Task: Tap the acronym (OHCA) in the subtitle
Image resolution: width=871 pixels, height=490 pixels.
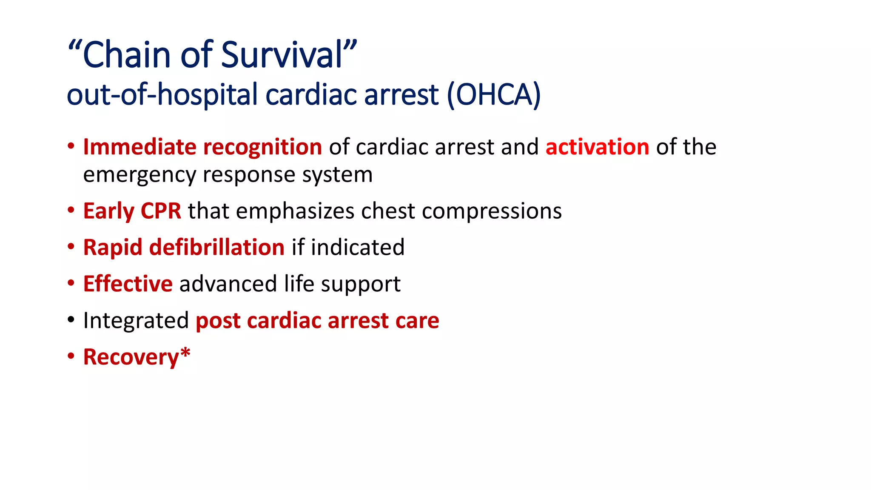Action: pyautogui.click(x=494, y=94)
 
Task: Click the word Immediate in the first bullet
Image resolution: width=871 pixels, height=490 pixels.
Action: pyautogui.click(x=139, y=147)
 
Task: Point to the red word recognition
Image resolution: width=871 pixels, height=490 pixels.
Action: pyautogui.click(x=262, y=147)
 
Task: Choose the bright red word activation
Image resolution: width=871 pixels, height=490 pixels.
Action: pyautogui.click(x=597, y=147)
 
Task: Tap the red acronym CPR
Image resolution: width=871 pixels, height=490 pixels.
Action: pyautogui.click(x=161, y=211)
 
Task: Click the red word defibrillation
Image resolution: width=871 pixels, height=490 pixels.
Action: pyautogui.click(x=217, y=248)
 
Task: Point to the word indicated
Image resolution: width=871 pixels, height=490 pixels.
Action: pyautogui.click(x=358, y=248)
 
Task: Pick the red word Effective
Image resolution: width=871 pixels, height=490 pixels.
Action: pyautogui.click(x=128, y=284)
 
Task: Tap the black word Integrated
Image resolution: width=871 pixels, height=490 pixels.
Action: pyautogui.click(x=136, y=321)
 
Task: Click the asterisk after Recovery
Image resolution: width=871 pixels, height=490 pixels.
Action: pyautogui.click(x=185, y=353)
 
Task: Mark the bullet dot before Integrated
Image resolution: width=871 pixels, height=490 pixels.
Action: pyautogui.click(x=71, y=320)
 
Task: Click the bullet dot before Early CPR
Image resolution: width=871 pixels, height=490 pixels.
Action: pyautogui.click(x=71, y=210)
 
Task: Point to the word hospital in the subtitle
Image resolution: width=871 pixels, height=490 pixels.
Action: pyautogui.click(x=208, y=94)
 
